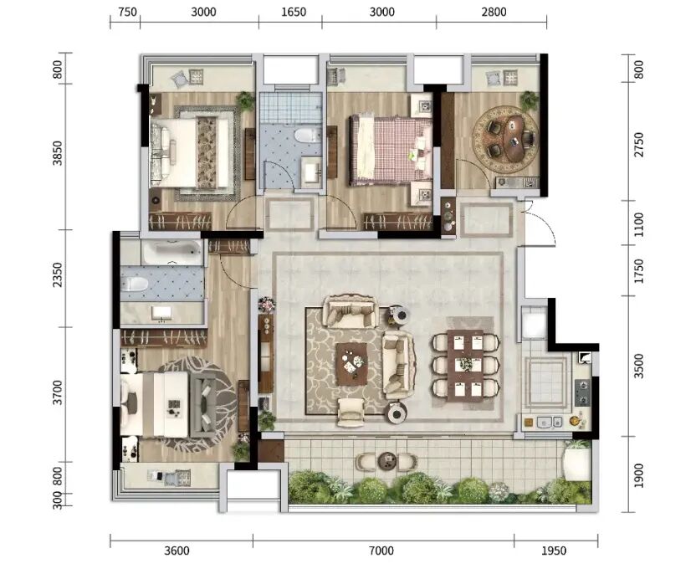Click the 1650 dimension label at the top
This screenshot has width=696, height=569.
(294, 12)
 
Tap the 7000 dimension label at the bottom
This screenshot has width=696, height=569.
(381, 551)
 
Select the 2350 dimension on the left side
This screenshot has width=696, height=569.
(58, 274)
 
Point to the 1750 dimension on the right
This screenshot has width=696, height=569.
(638, 271)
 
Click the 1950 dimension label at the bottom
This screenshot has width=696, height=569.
(554, 551)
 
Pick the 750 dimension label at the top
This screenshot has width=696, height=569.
(127, 12)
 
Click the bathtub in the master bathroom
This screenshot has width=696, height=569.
(171, 253)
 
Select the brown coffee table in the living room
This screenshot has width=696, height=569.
(351, 364)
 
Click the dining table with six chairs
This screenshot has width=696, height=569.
(465, 366)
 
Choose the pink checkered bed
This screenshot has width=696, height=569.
(391, 151)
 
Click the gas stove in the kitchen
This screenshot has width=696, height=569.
(583, 392)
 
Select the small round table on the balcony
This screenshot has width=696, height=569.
(386, 461)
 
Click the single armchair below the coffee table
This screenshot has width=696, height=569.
(351, 413)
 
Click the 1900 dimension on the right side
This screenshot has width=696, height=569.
(638, 475)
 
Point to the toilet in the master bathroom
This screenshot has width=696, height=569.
(134, 284)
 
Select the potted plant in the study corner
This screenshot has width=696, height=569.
(529, 100)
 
